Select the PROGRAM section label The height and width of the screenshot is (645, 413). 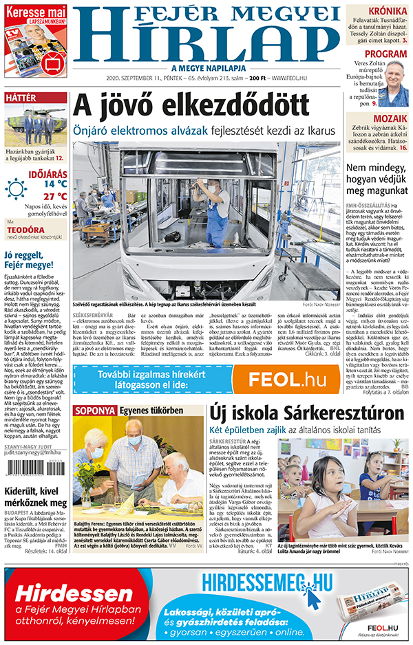[x=385, y=54]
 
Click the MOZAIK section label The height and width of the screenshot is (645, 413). [x=385, y=118]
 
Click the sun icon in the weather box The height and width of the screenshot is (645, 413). [x=16, y=188]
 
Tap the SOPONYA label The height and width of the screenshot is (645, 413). [x=96, y=410]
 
